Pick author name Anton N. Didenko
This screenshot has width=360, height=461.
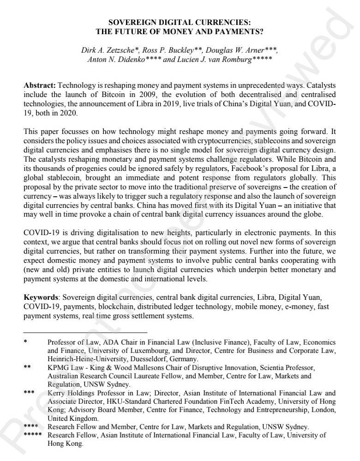[x=113, y=60]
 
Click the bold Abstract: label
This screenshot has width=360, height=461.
[x=40, y=86]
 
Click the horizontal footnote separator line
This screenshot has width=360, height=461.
[x=85, y=332]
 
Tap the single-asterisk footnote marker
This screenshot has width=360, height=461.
[x=25, y=342]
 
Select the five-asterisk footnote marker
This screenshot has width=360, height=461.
[x=32, y=435]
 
